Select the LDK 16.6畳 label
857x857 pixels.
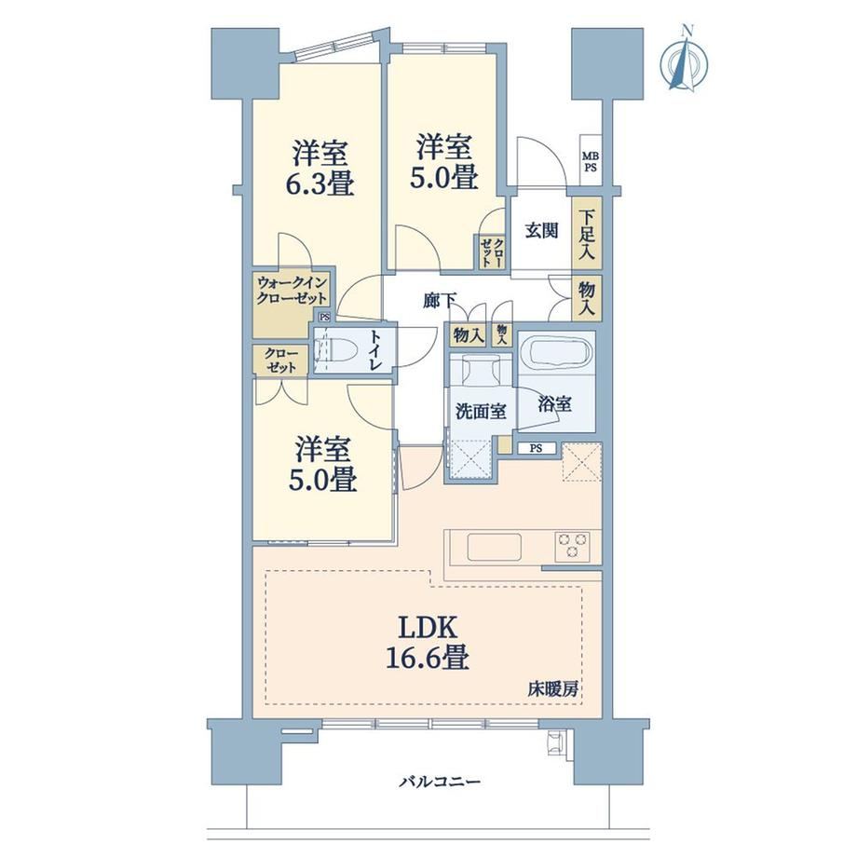click(428, 643)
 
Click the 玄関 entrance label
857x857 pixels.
click(541, 231)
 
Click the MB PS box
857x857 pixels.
click(591, 162)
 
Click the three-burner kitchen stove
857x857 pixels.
click(572, 546)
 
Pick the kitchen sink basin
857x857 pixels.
click(494, 547)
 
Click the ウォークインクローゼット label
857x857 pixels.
click(292, 291)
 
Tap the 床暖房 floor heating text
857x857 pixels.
click(552, 689)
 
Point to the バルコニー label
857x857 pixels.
click(440, 782)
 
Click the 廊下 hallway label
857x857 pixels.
click(440, 300)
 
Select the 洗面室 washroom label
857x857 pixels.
click(481, 412)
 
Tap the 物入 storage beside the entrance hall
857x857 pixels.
click(587, 298)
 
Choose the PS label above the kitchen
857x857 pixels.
click(537, 448)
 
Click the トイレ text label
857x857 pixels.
click(375, 350)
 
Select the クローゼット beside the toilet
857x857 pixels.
click(281, 360)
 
